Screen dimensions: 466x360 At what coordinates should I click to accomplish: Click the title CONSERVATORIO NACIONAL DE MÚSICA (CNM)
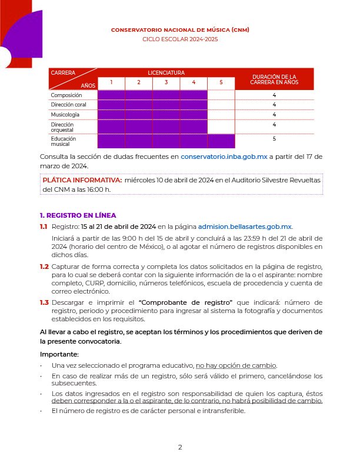[180, 29]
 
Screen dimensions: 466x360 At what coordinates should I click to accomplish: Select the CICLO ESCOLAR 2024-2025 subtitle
[180, 39]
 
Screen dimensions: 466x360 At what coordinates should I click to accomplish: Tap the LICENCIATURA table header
[166, 73]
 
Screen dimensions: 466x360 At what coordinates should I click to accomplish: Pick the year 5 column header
[221, 82]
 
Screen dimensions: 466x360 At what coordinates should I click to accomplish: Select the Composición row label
[66, 95]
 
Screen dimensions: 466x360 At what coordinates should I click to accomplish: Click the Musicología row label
[65, 114]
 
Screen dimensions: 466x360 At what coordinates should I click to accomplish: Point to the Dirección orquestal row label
[62, 127]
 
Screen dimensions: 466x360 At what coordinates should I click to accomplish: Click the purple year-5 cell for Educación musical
[221, 141]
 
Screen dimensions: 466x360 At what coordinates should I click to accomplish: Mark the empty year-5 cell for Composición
[221, 95]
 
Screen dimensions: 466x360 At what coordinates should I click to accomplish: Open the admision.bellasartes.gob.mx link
[245, 227]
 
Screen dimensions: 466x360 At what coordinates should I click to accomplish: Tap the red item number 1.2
[44, 267]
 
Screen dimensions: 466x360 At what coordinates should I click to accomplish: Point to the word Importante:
[59, 354]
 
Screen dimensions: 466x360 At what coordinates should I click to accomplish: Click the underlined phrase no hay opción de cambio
[236, 365]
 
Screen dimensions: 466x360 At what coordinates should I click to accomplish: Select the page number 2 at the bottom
[180, 447]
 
